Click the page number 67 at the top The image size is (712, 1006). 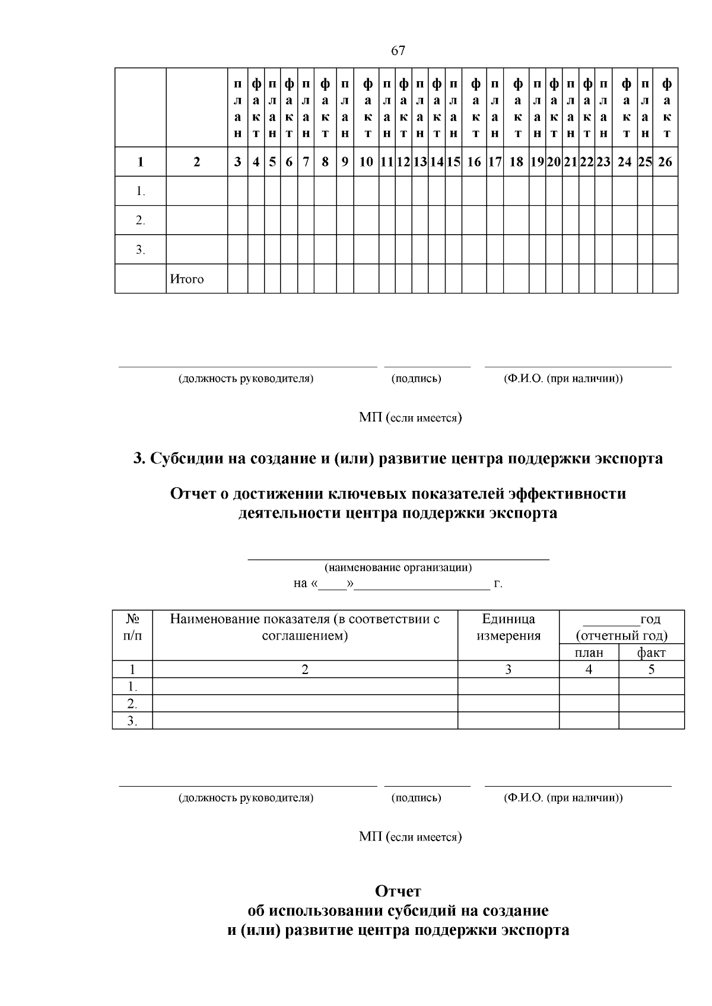(x=398, y=51)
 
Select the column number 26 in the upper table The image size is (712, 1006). (x=665, y=162)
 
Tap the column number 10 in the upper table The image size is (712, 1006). (x=366, y=162)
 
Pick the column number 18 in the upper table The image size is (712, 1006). (x=516, y=162)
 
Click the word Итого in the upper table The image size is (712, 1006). (x=187, y=279)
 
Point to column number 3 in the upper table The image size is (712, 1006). (x=237, y=162)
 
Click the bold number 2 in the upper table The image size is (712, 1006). (x=197, y=162)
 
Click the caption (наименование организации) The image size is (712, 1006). (x=398, y=567)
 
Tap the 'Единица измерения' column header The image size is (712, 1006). (x=508, y=627)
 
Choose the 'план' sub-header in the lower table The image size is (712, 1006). (x=589, y=653)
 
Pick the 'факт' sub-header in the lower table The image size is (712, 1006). (x=651, y=653)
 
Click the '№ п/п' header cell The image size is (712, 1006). (x=133, y=627)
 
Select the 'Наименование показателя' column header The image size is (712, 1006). (x=305, y=627)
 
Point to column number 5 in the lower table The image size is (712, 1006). (x=651, y=669)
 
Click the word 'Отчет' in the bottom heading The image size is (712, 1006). (x=398, y=891)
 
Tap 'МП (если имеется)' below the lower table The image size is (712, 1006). (x=411, y=836)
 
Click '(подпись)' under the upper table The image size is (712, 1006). (x=416, y=378)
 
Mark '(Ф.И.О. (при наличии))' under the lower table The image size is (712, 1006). (x=563, y=797)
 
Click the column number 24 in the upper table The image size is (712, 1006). (x=624, y=162)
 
